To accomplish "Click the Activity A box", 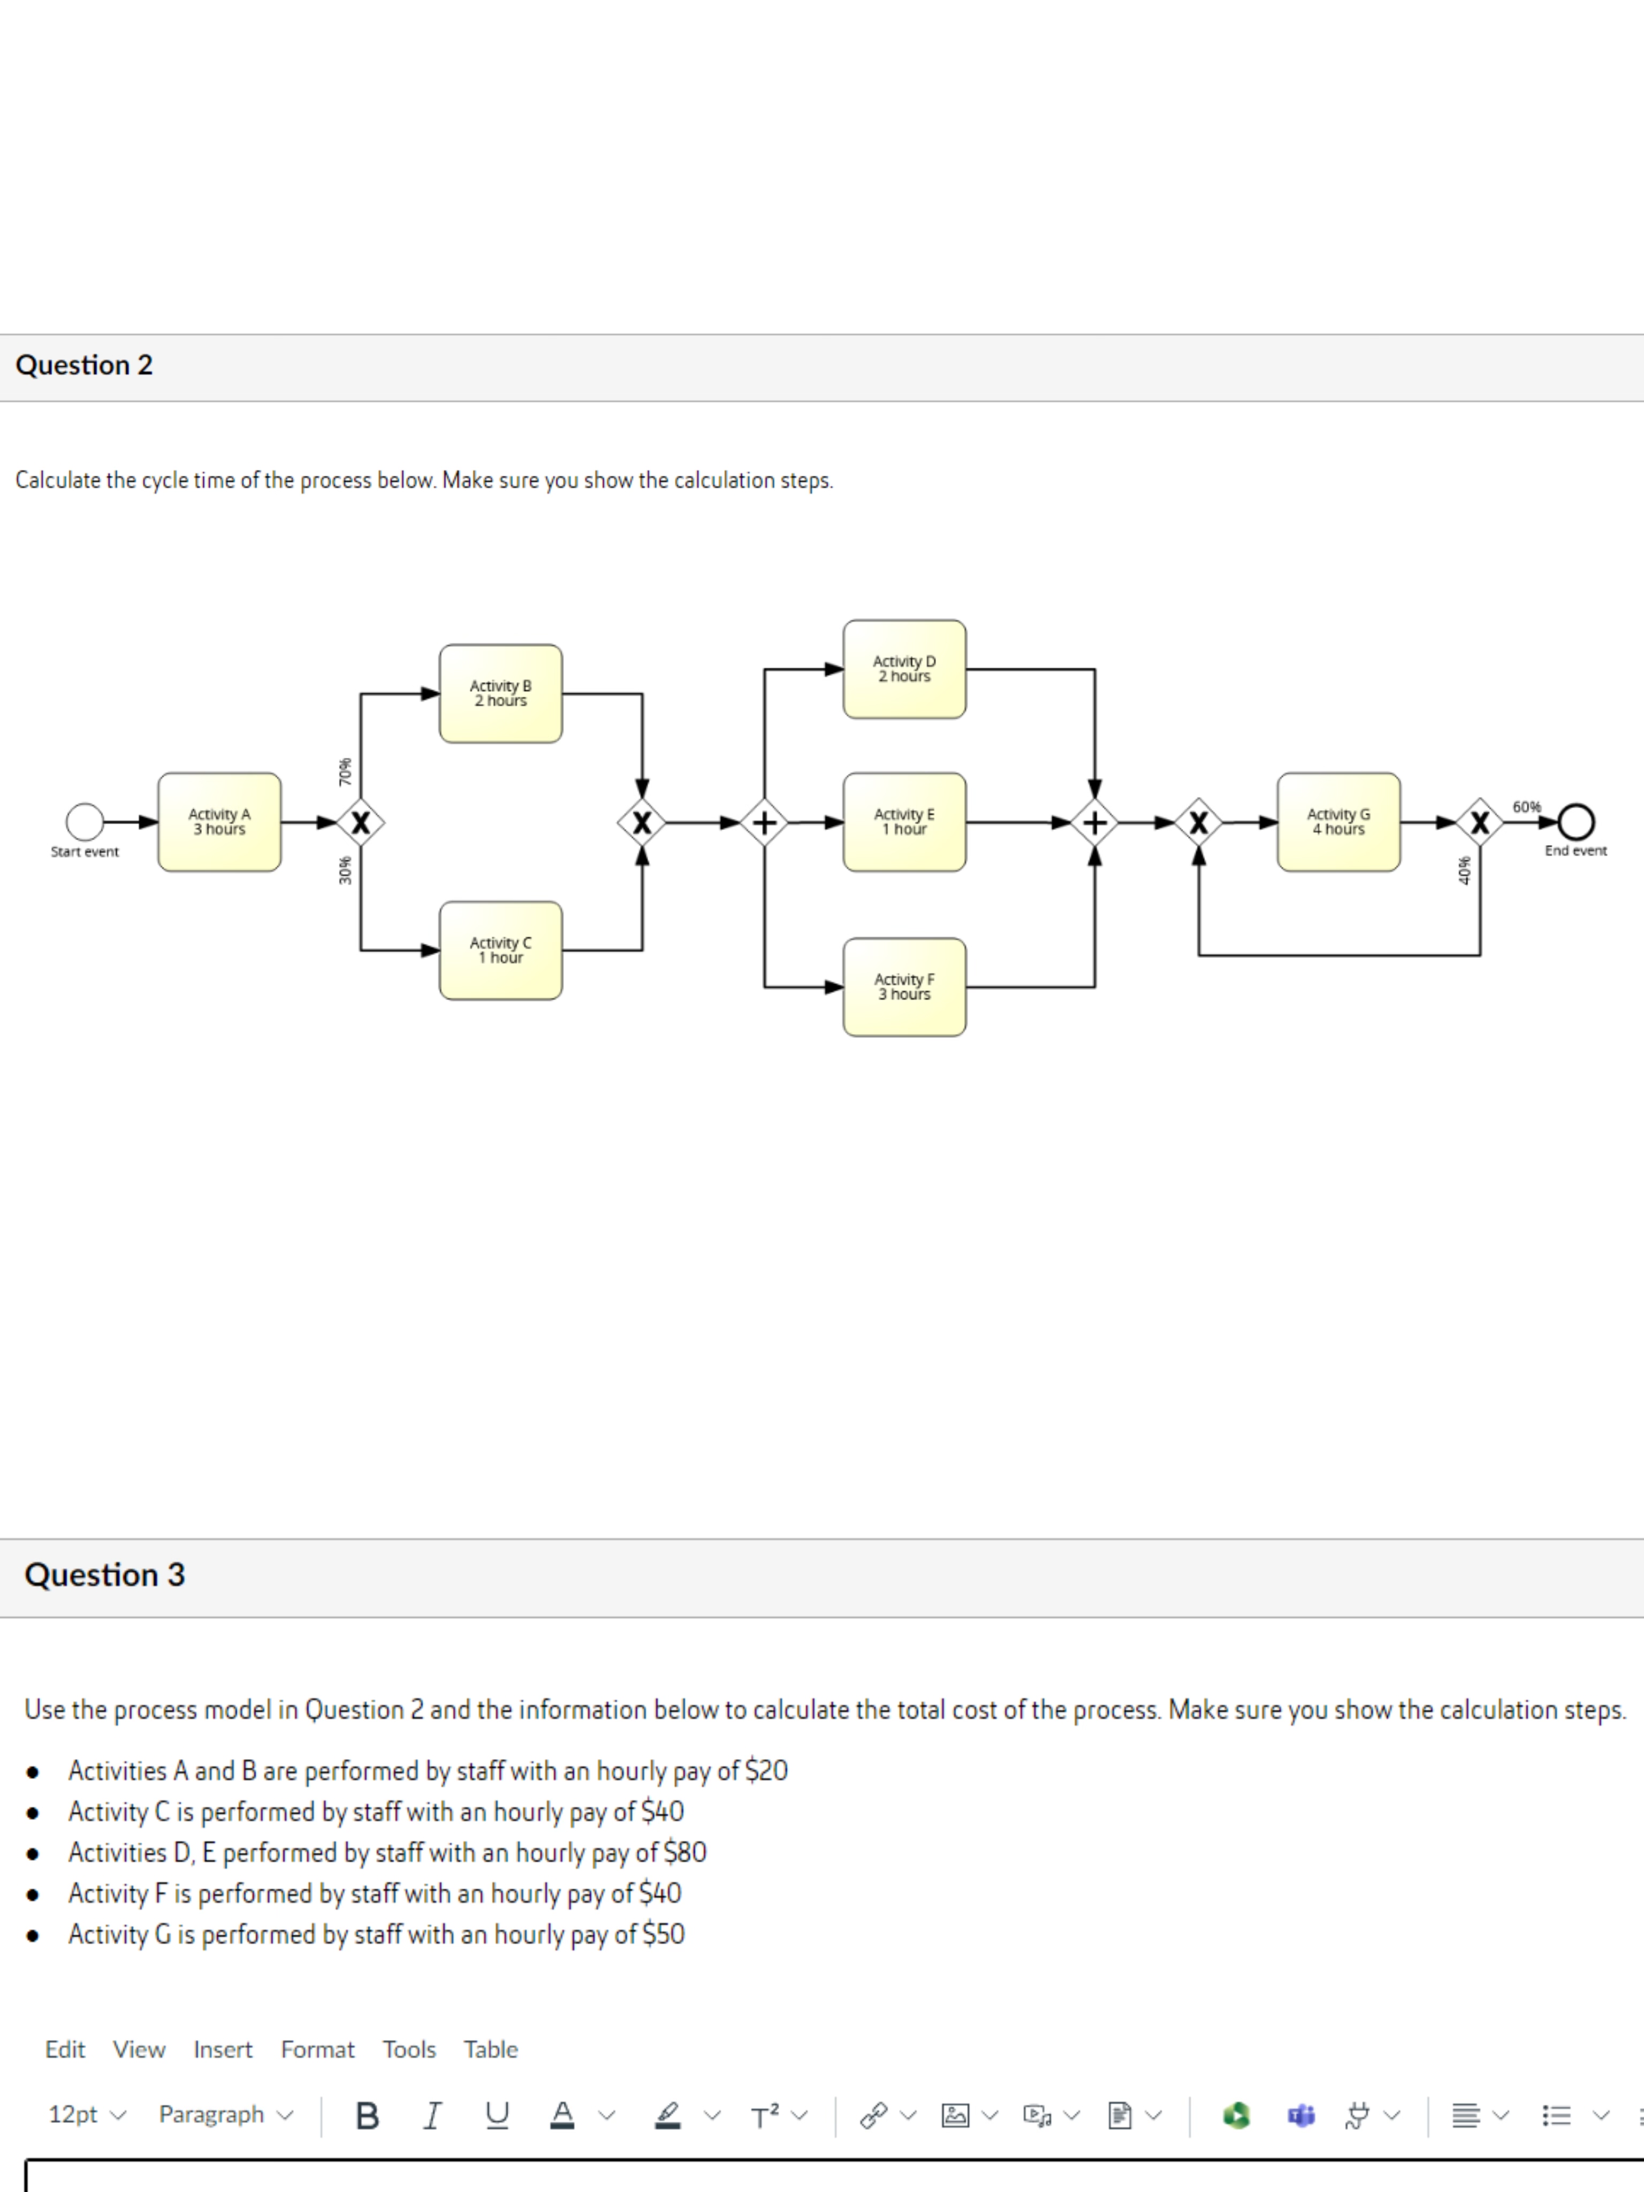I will tap(219, 823).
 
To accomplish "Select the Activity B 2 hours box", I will tap(500, 694).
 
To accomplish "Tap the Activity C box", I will tap(500, 950).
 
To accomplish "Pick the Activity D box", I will tap(904, 669).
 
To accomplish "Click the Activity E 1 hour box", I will tap(904, 823).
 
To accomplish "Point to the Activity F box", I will tap(904, 987).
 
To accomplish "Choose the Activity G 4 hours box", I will tap(1338, 823).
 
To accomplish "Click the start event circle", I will tap(84, 821).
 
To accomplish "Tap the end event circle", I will tap(1575, 821).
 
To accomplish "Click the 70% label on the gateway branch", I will tap(345, 771).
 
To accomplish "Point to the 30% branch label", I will tap(345, 870).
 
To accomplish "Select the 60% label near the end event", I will tap(1526, 806).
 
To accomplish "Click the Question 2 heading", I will tap(84, 364).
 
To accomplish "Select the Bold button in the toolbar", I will tap(367, 2115).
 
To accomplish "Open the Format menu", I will tap(317, 2049).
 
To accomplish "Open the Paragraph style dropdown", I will tap(226, 2115).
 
